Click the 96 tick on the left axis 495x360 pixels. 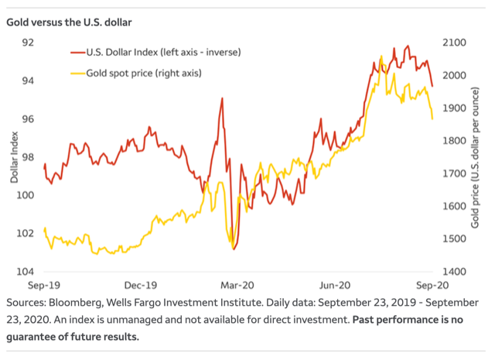29,119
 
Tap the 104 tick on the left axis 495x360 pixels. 29,272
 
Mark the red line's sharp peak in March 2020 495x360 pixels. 223,98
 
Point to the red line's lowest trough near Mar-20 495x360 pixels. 234,249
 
